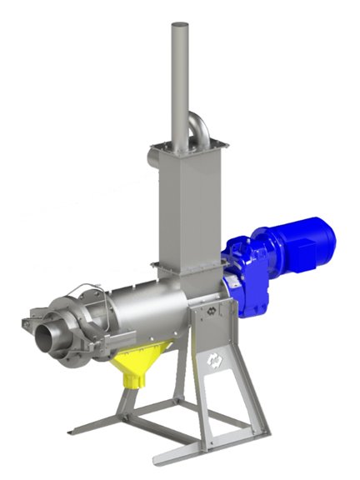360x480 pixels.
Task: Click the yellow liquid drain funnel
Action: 134,363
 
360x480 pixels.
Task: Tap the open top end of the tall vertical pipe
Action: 177,27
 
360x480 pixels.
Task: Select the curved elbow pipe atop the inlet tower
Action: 198,130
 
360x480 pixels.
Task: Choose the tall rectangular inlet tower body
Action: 181,208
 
